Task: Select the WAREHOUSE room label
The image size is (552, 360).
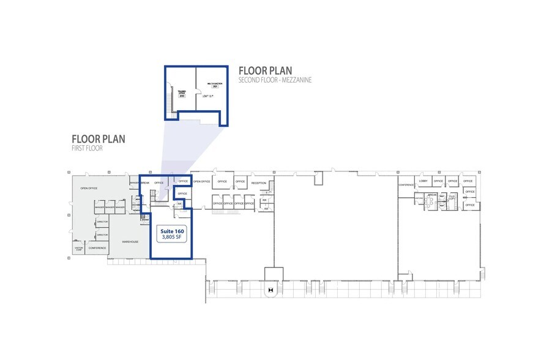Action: coord(129,242)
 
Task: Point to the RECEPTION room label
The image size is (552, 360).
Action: coord(259,182)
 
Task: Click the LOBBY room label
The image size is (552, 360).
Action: coord(423,181)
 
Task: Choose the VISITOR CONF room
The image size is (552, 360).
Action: coord(79,249)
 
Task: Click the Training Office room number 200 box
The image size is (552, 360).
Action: coord(181,95)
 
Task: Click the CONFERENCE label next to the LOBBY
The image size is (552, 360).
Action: coord(406,185)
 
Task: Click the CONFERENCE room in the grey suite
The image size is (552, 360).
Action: coord(97,248)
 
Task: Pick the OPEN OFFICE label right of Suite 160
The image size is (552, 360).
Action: coord(202,181)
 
